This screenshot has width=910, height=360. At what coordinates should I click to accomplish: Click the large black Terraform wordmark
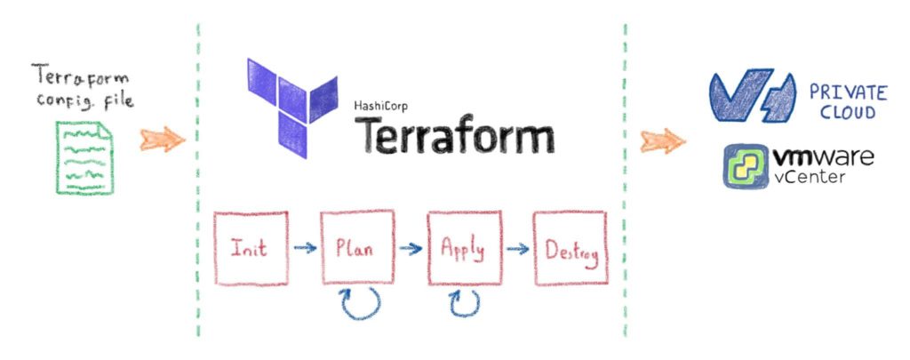click(x=455, y=138)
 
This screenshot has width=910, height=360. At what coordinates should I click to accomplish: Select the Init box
click(x=251, y=248)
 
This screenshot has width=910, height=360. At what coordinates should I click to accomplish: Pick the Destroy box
click(x=569, y=248)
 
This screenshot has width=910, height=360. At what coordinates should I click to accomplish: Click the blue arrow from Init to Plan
click(x=304, y=249)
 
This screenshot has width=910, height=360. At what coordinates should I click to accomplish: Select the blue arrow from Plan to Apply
click(x=410, y=249)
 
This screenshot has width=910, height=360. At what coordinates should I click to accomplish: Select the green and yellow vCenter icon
click(x=746, y=166)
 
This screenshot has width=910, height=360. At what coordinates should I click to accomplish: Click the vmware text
click(x=822, y=159)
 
